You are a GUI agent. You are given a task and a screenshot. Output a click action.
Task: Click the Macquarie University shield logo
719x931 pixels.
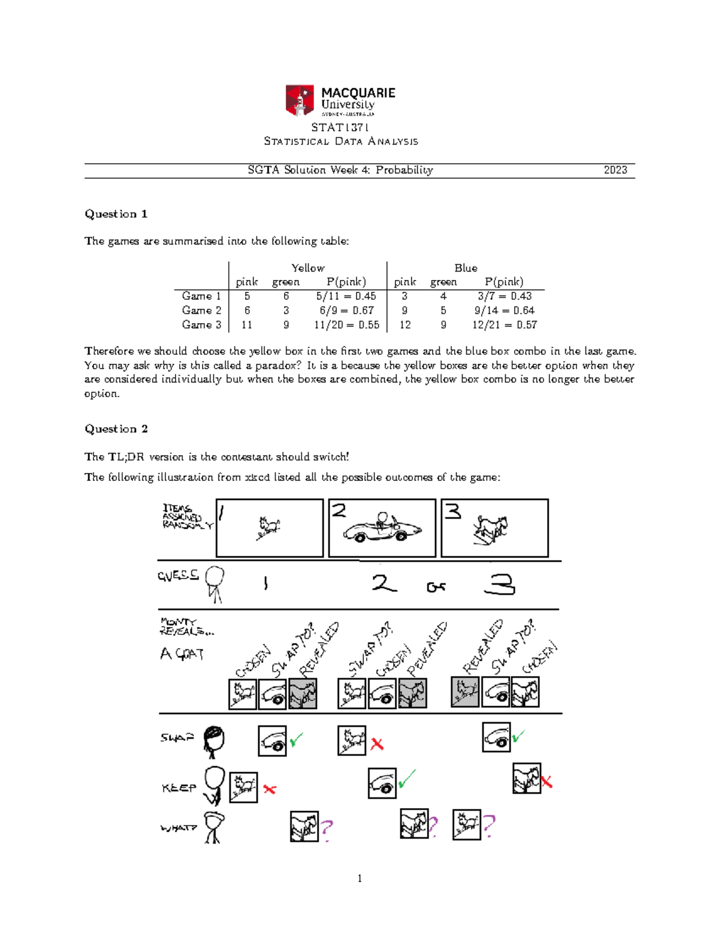[x=300, y=100]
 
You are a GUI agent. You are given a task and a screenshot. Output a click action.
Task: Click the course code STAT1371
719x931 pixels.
[x=340, y=127]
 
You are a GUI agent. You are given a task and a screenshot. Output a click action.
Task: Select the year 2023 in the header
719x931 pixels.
[x=615, y=170]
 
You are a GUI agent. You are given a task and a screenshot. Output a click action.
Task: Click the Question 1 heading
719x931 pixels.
[x=116, y=214]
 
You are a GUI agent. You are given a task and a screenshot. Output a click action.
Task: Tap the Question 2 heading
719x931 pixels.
[x=116, y=429]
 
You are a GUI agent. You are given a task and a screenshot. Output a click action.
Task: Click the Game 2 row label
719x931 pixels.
[x=201, y=311]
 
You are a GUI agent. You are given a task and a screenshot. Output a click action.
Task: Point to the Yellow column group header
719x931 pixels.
[x=307, y=268]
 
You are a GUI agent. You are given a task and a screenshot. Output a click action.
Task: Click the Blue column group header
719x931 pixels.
[x=466, y=268]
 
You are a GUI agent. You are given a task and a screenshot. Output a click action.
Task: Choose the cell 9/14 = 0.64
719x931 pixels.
[x=504, y=311]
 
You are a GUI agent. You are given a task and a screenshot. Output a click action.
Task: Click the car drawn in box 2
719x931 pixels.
[x=382, y=528]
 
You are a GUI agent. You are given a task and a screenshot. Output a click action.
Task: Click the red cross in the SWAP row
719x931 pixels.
[x=377, y=744]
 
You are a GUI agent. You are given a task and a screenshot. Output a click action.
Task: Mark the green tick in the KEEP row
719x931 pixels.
[x=407, y=779]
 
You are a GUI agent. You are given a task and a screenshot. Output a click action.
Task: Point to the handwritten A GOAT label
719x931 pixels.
[x=182, y=653]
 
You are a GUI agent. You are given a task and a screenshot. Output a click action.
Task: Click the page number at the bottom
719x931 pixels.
[x=359, y=879]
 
